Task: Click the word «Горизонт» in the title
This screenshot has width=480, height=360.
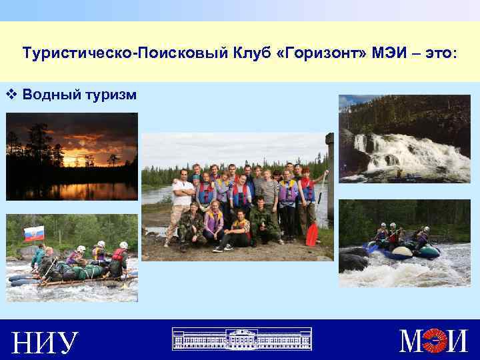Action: pos(321,52)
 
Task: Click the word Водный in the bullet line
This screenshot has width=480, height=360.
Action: pos(51,95)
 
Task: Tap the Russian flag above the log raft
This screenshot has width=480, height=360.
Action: pos(34,233)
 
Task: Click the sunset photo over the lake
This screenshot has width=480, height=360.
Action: pos(72,157)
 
